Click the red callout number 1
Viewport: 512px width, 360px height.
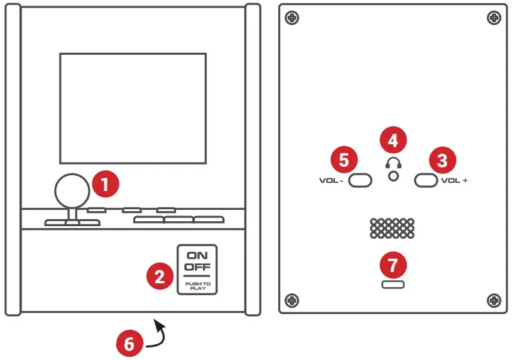[106, 183]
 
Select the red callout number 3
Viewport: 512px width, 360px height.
[442, 160]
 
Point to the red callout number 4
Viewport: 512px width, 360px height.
[393, 140]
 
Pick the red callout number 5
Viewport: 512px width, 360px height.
[344, 160]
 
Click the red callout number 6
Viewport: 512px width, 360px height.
[129, 343]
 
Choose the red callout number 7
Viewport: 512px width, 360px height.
[393, 265]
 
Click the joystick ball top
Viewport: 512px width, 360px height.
[72, 191]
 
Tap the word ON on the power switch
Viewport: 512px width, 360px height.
[197, 256]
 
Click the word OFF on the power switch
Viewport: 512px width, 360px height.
[197, 267]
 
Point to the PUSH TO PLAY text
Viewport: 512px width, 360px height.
[198, 286]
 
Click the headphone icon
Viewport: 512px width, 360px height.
[393, 163]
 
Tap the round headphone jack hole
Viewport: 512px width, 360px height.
[394, 176]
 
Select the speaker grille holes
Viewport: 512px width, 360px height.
[392, 228]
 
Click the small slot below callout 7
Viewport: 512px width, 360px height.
[393, 285]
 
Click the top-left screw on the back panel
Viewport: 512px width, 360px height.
[292, 18]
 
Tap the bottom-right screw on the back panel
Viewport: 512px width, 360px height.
[494, 300]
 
